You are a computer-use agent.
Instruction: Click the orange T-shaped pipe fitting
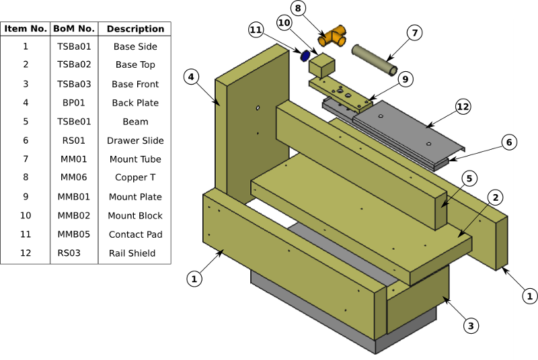pos(333,36)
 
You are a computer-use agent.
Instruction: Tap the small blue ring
pos(305,56)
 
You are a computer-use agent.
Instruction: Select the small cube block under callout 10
pos(321,66)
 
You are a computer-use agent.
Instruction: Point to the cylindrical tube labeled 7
pos(374,60)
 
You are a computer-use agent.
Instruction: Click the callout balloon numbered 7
pos(414,33)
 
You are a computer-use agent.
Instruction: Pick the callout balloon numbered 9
pos(405,79)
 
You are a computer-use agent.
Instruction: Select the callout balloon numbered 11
pos(256,30)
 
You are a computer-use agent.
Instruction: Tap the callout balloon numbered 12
pos(463,107)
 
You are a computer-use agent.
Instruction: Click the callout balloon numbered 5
pos(469,178)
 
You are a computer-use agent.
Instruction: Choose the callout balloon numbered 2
pos(495,197)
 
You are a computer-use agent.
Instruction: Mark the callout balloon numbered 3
pos(471,326)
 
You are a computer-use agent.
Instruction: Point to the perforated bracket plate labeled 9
pos(340,92)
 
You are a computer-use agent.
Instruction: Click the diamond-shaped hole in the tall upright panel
pos(258,107)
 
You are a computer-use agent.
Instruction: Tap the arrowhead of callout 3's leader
pos(444,298)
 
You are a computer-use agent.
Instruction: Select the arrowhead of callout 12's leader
pos(427,126)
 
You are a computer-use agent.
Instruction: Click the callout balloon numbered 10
pos(284,23)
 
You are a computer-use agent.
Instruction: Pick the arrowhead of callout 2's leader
pos(459,235)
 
